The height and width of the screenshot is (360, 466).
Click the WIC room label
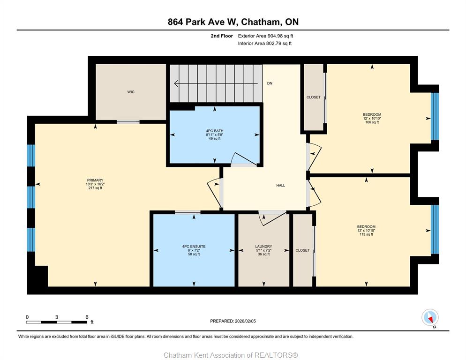tap(131, 92)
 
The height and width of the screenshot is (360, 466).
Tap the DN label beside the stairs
tap(270, 83)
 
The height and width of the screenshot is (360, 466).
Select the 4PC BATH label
tap(215, 131)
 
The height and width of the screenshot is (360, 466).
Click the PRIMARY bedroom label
tap(95, 180)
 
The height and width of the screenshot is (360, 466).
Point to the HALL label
tap(280, 186)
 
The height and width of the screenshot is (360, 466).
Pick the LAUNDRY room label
tap(263, 247)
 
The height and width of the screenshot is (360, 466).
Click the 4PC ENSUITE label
tap(194, 247)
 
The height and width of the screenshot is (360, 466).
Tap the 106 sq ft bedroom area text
tap(372, 122)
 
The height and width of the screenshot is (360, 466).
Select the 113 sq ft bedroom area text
tap(366, 234)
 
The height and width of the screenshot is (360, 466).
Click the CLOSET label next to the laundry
tap(302, 251)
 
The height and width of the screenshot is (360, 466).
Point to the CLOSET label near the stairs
tap(314, 97)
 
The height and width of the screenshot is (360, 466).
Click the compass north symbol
tap(430, 317)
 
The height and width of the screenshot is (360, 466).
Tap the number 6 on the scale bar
tap(87, 317)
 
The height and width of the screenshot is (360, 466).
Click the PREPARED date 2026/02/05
tap(245, 321)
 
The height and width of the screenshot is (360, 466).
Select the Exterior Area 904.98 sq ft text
tap(265, 36)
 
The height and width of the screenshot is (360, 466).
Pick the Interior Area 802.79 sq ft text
tap(265, 44)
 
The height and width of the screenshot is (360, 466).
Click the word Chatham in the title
tap(261, 22)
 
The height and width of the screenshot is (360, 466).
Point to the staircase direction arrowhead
tap(176, 83)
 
